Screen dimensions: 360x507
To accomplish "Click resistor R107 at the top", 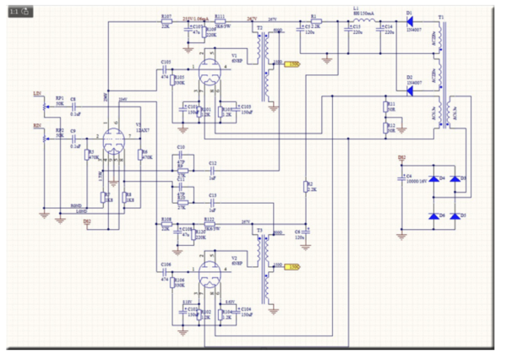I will click(166, 22).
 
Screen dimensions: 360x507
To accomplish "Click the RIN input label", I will click(36, 123).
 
